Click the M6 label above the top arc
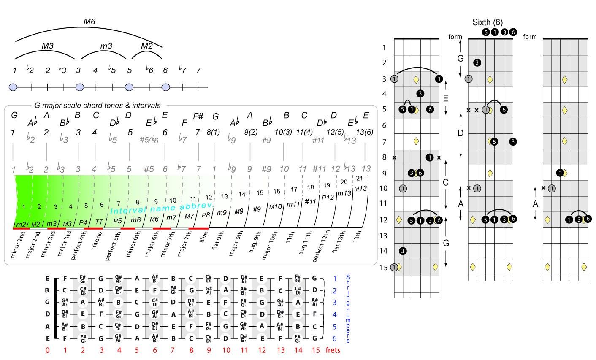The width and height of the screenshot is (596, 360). point(89,22)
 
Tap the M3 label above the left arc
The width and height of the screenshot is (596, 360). point(47,46)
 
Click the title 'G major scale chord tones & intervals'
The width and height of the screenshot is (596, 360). point(98,106)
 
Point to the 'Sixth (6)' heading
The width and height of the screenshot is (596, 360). point(488,22)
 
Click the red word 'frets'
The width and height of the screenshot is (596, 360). point(333,350)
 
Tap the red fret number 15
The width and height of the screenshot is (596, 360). point(315,350)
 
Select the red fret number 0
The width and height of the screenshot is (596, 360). point(48,350)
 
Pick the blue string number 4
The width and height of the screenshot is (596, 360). point(335,314)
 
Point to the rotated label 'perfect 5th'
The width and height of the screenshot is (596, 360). point(113,245)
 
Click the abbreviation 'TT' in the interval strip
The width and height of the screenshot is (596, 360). point(99,222)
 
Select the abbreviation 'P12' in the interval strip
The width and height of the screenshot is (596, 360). point(328,197)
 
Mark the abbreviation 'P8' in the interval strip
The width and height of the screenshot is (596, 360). point(206,215)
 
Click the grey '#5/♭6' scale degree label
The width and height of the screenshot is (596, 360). point(149,140)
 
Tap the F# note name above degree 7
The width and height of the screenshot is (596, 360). point(198,116)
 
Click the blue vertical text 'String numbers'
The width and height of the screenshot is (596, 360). point(348,309)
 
